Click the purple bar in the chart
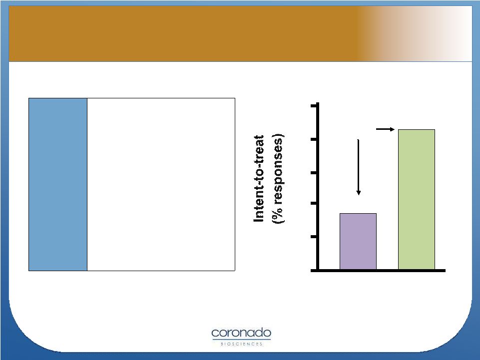[x=358, y=242]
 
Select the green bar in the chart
[x=417, y=200]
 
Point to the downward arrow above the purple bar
[x=358, y=167]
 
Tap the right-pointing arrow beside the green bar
[x=385, y=129]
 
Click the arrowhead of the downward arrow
[x=358, y=193]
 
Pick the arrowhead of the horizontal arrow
[x=392, y=129]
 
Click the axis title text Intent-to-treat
[x=259, y=178]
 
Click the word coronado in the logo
[x=241, y=333]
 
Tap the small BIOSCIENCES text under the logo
[x=242, y=344]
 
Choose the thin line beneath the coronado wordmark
[x=241, y=339]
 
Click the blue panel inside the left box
[x=58, y=184]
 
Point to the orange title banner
[x=240, y=33]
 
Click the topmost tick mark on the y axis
[x=314, y=106]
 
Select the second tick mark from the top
[x=314, y=140]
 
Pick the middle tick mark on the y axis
[x=314, y=173]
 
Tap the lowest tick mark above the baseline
[x=314, y=237]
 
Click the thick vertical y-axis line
[x=318, y=187]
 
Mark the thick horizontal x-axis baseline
[x=378, y=271]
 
